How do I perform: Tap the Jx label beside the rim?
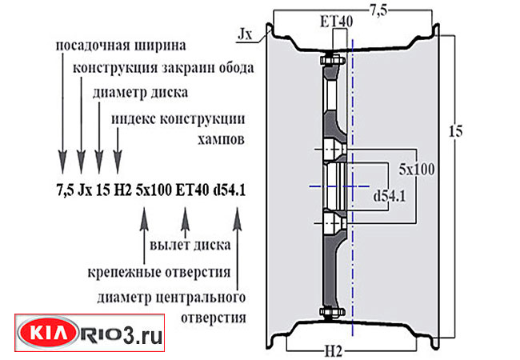[246, 34]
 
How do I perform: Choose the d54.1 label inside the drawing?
[389, 194]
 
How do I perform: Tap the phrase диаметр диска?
[141, 92]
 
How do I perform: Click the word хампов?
[222, 138]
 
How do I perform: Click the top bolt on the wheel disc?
[329, 61]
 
